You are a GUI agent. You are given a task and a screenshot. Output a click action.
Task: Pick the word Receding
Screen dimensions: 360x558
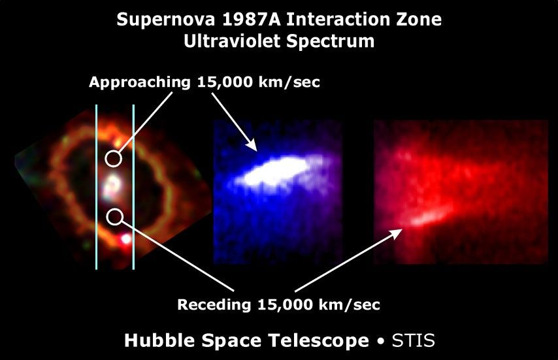coord(214,304)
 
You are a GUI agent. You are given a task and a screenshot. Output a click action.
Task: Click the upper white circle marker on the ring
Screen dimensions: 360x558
coord(114,158)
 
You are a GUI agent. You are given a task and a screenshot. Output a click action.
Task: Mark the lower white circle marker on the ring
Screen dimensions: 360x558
coord(114,216)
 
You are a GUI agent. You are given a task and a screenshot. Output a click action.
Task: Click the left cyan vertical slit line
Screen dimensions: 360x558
coord(97,186)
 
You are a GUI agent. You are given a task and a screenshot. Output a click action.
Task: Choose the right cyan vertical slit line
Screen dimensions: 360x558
coord(133,186)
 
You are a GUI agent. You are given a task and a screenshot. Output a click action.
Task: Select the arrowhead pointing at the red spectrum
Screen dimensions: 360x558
coord(397,231)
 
